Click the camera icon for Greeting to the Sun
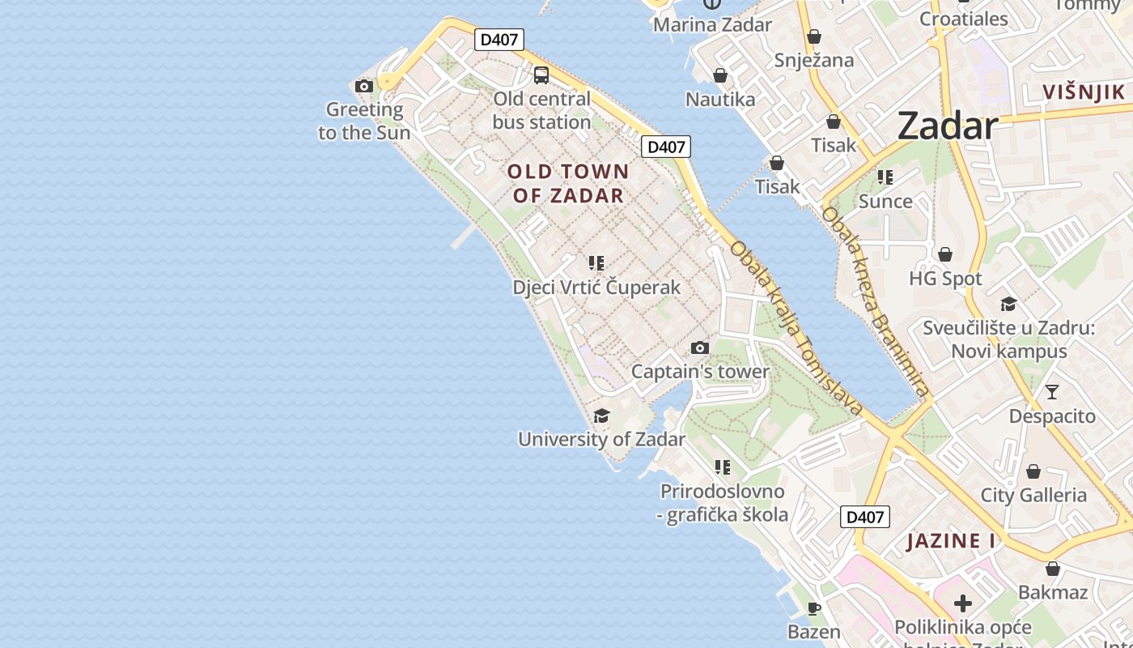pyautogui.click(x=364, y=86)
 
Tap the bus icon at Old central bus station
pyautogui.click(x=541, y=75)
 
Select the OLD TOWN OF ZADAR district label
pyautogui.click(x=568, y=183)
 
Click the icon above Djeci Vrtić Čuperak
pyautogui.click(x=596, y=263)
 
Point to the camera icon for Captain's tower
pyautogui.click(x=700, y=348)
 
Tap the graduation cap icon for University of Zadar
pyautogui.click(x=601, y=416)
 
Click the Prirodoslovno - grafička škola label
pyautogui.click(x=724, y=503)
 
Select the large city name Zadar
pyautogui.click(x=947, y=126)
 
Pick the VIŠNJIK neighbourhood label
pyautogui.click(x=1084, y=92)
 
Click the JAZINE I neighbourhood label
pyautogui.click(x=951, y=541)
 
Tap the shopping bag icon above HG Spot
pyautogui.click(x=944, y=255)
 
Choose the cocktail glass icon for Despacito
pyautogui.click(x=1051, y=392)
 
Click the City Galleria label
pyautogui.click(x=1033, y=495)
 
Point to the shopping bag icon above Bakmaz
pyautogui.click(x=1053, y=569)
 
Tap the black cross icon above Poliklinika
pyautogui.click(x=963, y=603)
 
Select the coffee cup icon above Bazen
pyautogui.click(x=814, y=608)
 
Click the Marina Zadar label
pyautogui.click(x=712, y=24)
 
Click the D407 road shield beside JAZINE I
pyautogui.click(x=865, y=517)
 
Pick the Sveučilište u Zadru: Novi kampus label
pyautogui.click(x=1009, y=340)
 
